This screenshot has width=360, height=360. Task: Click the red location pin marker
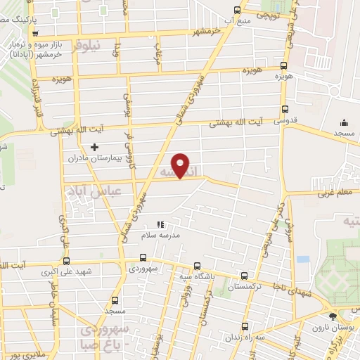181,165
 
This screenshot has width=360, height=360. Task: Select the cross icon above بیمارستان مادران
94,147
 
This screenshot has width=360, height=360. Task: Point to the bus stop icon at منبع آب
237,11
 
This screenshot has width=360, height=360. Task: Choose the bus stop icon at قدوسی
285,110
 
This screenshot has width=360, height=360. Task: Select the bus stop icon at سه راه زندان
244,327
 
